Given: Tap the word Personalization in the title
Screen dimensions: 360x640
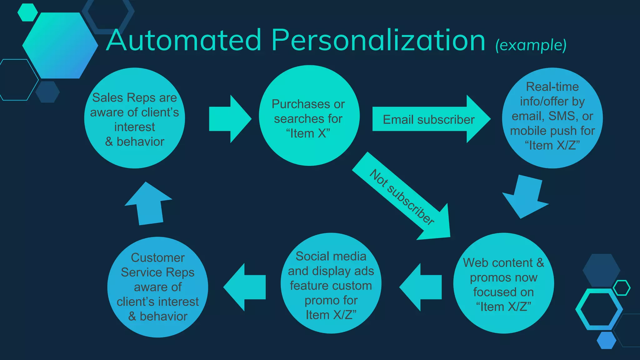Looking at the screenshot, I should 378,41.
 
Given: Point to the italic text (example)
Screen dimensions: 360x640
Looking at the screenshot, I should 531,45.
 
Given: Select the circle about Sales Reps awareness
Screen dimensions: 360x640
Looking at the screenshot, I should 134,118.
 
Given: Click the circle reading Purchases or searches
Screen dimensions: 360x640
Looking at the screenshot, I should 309,116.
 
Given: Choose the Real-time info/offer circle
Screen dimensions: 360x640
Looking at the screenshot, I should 552,118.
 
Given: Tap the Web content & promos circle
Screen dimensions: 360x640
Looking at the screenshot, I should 503,283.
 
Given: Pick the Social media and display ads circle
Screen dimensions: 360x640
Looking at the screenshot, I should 331,283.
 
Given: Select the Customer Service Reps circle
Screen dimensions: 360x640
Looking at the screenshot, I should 157,287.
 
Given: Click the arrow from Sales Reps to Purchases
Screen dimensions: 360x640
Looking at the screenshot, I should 229,119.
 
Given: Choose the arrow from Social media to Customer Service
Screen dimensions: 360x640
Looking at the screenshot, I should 245,287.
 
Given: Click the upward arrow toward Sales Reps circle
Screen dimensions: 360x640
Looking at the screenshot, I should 149,204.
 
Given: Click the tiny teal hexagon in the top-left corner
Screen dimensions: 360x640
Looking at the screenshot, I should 27,12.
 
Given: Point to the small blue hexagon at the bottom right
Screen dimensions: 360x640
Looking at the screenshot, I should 606,340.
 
